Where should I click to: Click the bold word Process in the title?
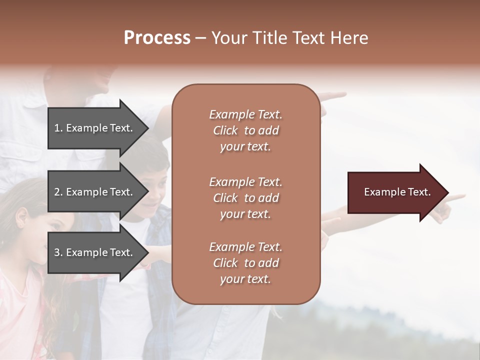157,38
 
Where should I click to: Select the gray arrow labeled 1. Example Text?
97,128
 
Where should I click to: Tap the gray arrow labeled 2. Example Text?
97,192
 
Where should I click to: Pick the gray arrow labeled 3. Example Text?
97,252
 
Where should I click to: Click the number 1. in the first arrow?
58,128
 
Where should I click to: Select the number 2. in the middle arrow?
58,192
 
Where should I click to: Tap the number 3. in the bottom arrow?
58,252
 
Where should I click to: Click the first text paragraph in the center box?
246,130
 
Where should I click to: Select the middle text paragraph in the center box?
246,198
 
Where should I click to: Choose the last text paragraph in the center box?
246,263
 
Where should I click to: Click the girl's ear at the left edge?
21,216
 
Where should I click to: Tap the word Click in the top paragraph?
225,130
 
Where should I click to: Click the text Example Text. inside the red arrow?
397,192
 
